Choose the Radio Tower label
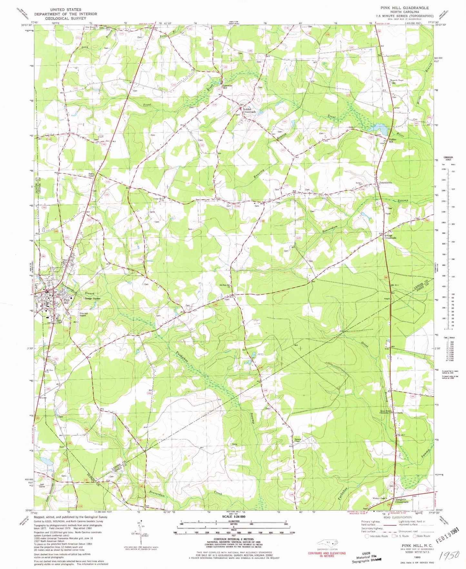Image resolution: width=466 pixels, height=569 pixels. pos(91,175)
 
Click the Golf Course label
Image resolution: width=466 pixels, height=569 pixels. pos(44,486)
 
